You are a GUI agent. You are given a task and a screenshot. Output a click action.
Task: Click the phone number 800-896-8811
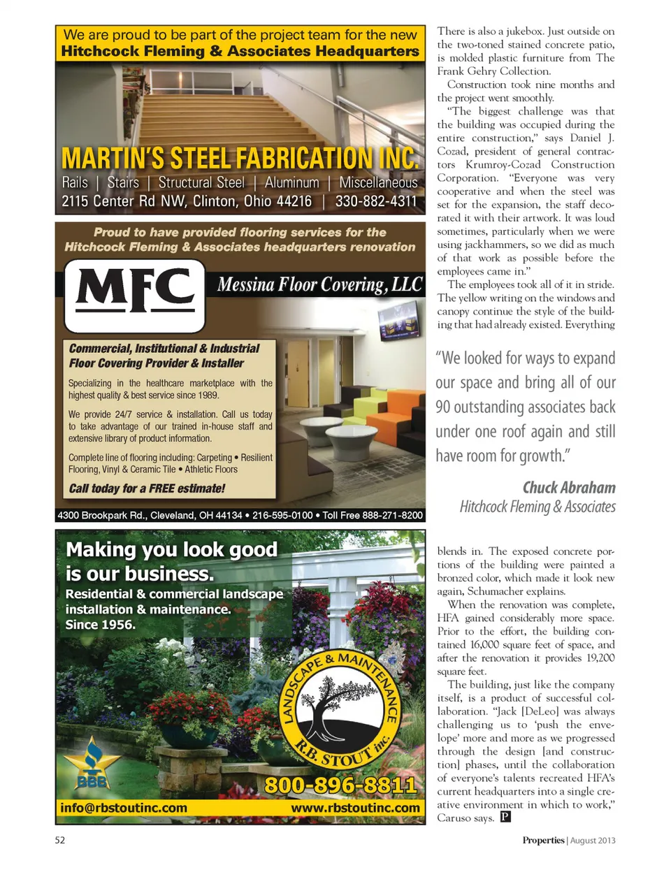click(340, 785)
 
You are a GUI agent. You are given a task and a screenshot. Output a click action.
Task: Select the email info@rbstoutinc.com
click(124, 809)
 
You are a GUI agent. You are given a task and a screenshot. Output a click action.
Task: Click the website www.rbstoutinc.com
click(355, 809)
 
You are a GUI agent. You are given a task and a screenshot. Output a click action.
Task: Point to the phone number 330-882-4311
click(376, 201)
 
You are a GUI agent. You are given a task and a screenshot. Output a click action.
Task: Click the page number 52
click(60, 840)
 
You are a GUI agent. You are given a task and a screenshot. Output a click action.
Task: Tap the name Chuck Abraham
click(568, 487)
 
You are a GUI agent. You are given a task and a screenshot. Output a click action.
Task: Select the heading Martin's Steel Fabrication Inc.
click(240, 159)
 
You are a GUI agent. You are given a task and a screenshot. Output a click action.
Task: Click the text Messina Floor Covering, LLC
click(319, 285)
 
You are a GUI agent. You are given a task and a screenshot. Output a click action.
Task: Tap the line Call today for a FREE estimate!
click(147, 488)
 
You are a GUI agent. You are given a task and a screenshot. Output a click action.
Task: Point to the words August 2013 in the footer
click(593, 841)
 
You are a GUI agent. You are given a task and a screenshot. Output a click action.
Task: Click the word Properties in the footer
click(543, 841)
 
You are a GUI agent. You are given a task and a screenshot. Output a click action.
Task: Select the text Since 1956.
click(100, 625)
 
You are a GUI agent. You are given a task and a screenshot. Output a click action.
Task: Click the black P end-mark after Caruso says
click(506, 817)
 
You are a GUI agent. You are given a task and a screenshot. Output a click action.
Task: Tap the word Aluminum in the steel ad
click(291, 183)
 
